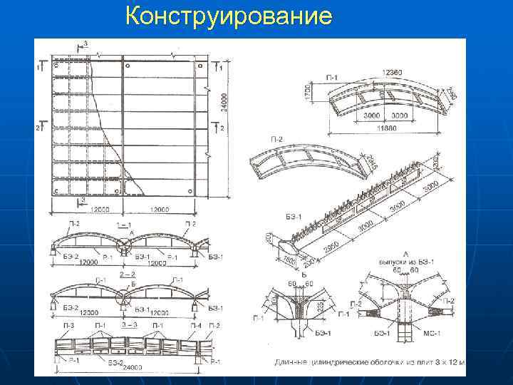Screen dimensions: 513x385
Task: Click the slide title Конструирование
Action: (228, 16)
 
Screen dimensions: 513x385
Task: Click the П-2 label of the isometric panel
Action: (277, 138)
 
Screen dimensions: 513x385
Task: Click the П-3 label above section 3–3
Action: (68, 326)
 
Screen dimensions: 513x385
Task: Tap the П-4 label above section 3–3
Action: (195, 326)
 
